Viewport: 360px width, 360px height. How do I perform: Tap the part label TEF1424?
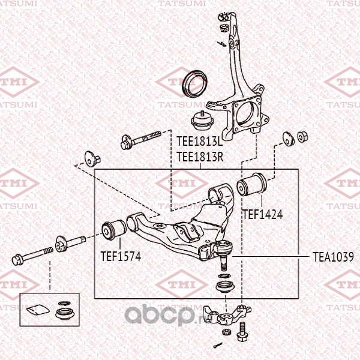262,213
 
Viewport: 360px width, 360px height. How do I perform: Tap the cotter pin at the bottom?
217,345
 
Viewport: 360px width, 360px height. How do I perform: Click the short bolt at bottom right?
242,331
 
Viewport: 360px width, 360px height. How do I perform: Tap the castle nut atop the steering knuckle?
223,28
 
